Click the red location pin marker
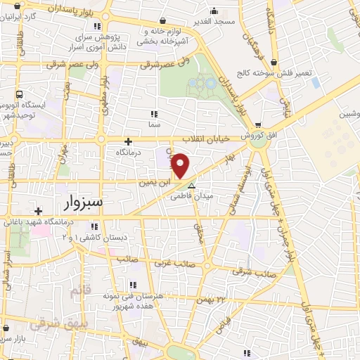(x=181, y=165)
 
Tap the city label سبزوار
(x=73, y=202)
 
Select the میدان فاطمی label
(x=192, y=197)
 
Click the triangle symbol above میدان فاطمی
(x=191, y=186)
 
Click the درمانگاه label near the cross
(x=129, y=151)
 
